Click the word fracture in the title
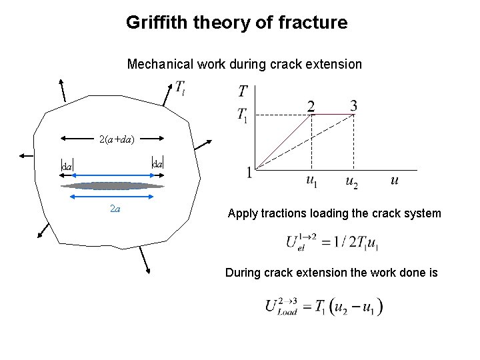pos(315,23)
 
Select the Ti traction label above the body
pos(181,87)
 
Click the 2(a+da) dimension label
pos(117,140)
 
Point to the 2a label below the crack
pos(115,209)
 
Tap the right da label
pos(158,162)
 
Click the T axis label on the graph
pos(243,91)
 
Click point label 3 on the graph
pos(353,105)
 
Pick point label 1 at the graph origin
pos(249,173)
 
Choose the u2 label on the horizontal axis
pos(351,181)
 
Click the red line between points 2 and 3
pos(333,114)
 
